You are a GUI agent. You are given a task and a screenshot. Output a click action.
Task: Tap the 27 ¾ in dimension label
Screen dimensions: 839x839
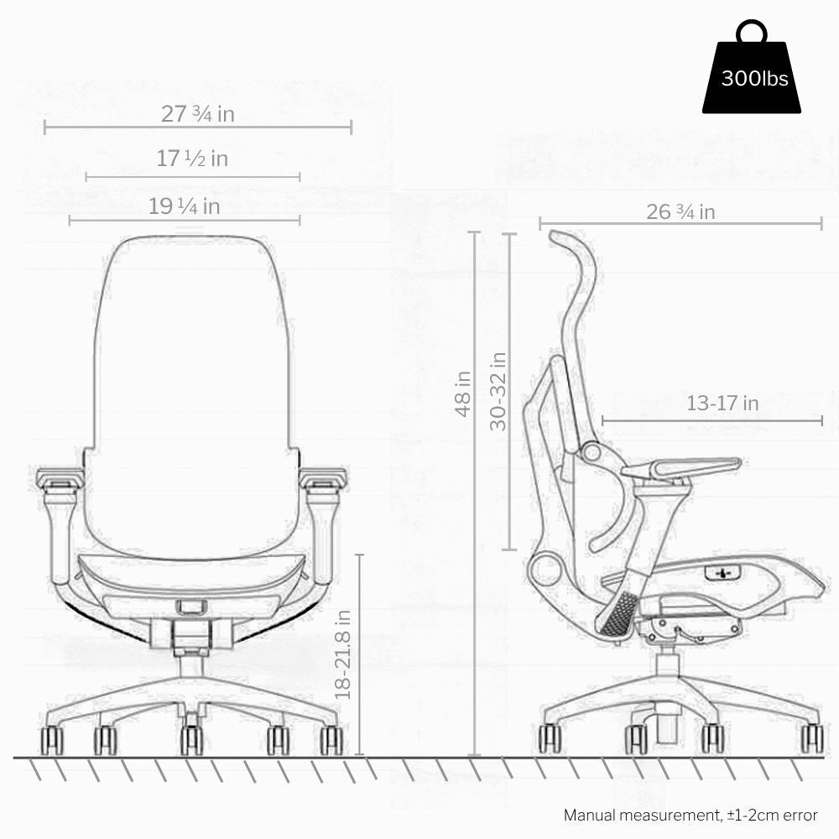pyautogui.click(x=198, y=114)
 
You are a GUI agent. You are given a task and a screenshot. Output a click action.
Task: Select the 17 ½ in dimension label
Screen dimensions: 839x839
pyautogui.click(x=192, y=159)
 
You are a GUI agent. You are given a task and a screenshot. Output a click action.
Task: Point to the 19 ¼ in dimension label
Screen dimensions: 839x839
pyautogui.click(x=184, y=206)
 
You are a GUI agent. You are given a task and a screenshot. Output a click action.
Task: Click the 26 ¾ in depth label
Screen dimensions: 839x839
pyautogui.click(x=680, y=212)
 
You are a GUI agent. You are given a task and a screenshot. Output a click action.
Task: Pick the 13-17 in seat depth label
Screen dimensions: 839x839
pyautogui.click(x=722, y=403)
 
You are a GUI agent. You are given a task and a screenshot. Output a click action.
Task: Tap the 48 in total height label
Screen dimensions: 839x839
pyautogui.click(x=463, y=393)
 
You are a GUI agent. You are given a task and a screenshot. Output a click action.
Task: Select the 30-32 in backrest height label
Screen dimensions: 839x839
pyautogui.click(x=498, y=391)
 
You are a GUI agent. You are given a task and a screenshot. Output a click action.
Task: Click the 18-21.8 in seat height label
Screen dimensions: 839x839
pyautogui.click(x=342, y=654)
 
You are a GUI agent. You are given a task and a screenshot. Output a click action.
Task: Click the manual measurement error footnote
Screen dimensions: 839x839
pyautogui.click(x=690, y=815)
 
